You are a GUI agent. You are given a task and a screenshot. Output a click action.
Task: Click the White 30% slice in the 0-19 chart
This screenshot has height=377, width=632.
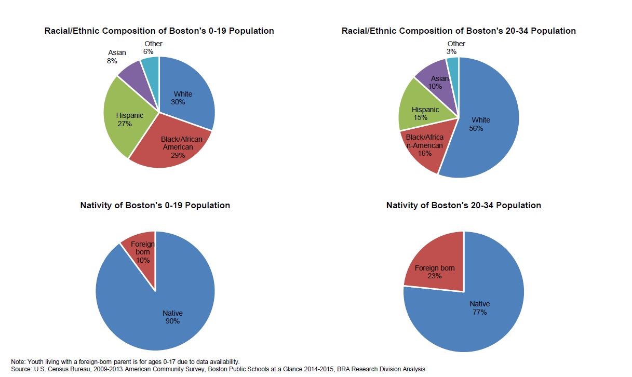[x=184, y=96]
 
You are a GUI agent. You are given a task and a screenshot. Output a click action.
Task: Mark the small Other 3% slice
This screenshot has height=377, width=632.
[x=453, y=65]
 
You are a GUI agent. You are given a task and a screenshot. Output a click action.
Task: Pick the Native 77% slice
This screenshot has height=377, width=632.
[x=473, y=312]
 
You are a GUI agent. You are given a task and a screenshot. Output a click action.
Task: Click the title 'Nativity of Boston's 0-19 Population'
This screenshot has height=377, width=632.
[x=155, y=205]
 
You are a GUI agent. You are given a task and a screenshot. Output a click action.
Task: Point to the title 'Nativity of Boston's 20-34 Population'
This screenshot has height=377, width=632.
[x=463, y=205]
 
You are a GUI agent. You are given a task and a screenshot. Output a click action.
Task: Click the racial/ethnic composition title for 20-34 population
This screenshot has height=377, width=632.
[x=458, y=31]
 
